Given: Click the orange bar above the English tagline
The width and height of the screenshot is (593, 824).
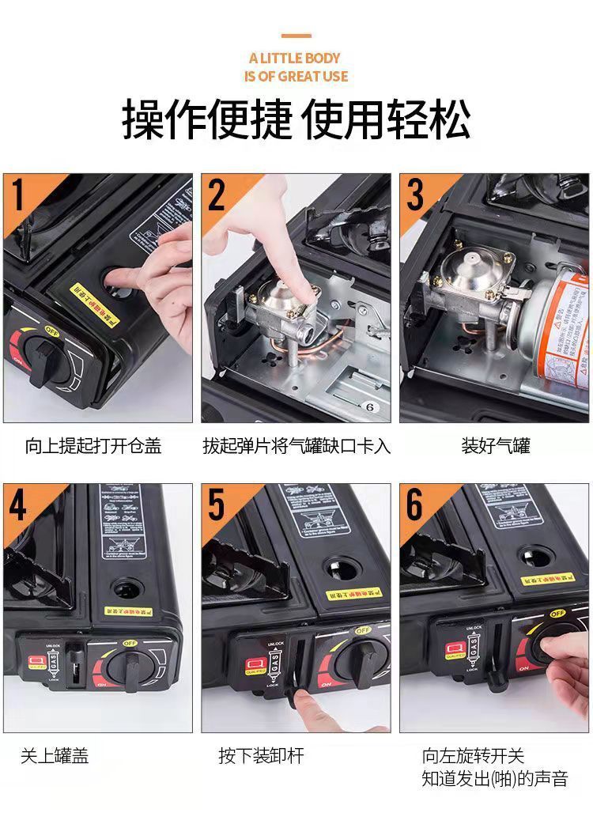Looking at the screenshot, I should [296, 36].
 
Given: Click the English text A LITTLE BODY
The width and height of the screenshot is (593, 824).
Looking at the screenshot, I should [295, 58].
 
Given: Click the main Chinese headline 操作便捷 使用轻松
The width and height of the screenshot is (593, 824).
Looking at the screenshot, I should [296, 120].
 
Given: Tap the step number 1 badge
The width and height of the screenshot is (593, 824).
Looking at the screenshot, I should [18, 195].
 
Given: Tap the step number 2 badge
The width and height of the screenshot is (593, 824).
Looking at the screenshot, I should [217, 195].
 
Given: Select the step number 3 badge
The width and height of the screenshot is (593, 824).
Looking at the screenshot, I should [415, 195].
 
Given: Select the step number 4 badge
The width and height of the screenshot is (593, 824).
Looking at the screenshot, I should [18, 505].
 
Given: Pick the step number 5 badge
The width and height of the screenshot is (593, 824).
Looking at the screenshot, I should [217, 505].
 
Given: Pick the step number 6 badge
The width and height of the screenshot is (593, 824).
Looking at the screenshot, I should [415, 505].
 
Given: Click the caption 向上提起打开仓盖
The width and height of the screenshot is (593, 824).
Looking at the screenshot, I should [93, 446].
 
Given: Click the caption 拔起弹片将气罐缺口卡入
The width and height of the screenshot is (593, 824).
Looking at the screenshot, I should [296, 446].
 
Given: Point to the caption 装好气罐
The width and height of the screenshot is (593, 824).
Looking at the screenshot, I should [496, 446].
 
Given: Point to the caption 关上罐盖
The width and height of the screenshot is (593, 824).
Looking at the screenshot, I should [55, 755].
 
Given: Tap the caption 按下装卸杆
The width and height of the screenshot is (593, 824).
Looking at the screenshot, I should [261, 755].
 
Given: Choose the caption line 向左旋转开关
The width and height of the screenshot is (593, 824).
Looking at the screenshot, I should [473, 755].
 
